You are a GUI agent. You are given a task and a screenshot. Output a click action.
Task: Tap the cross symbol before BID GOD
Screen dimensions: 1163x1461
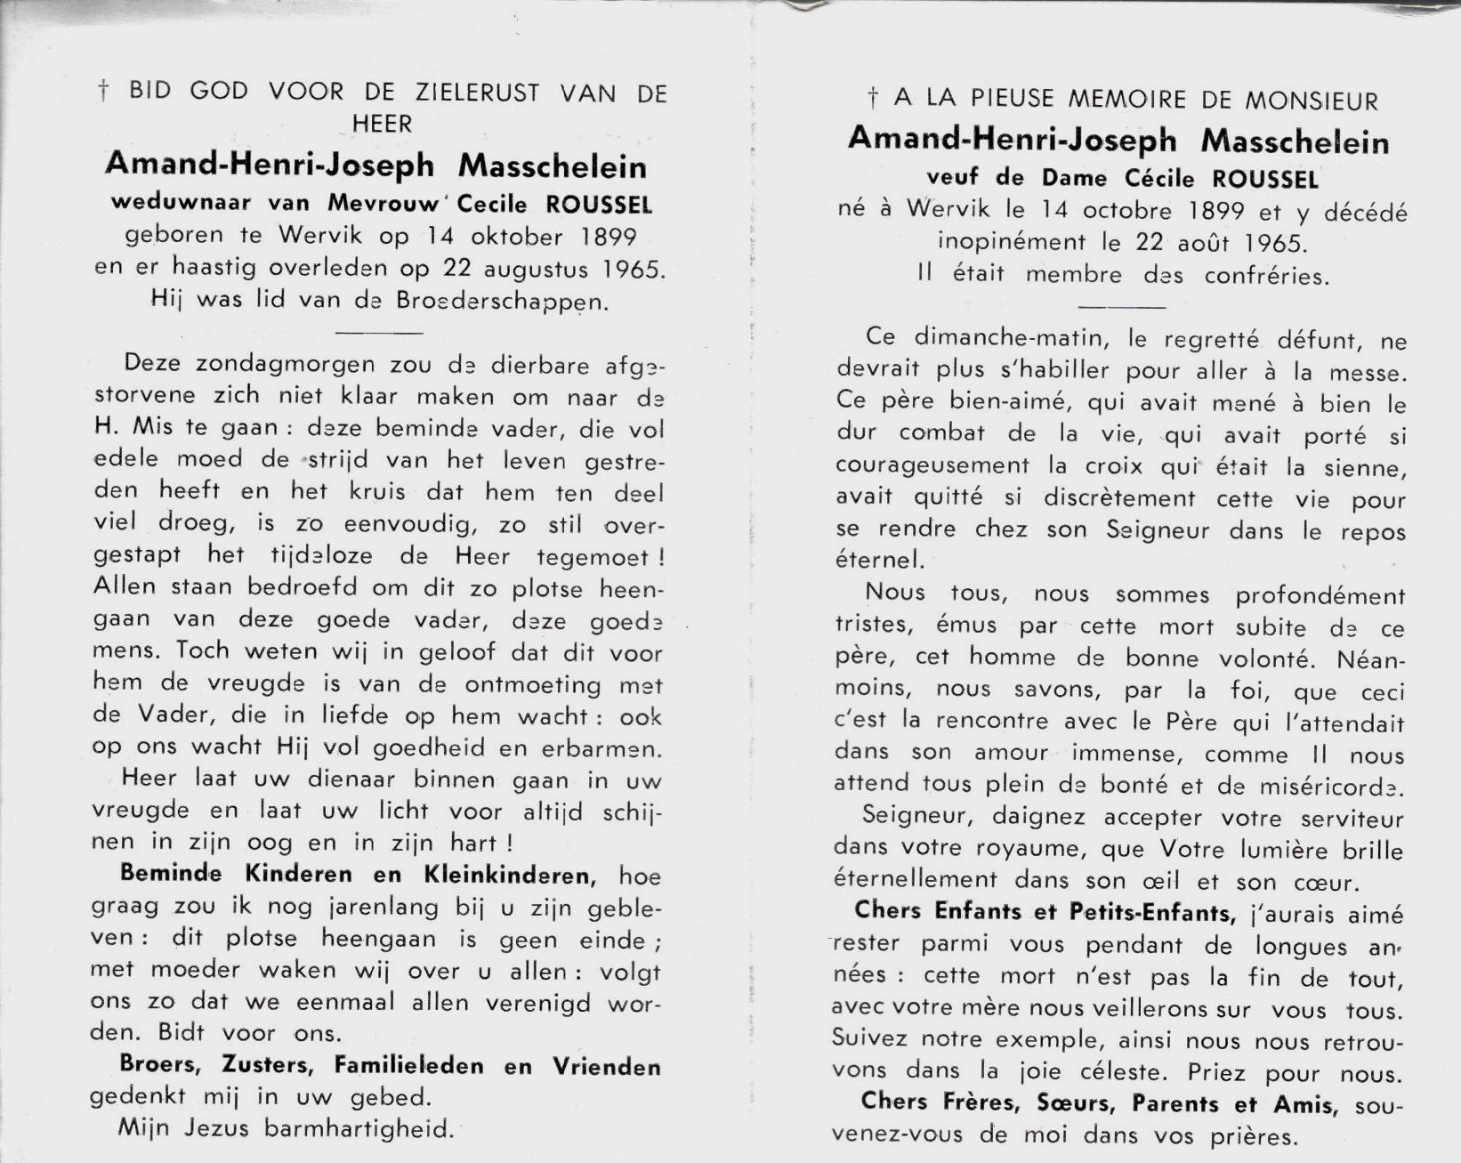pos(103,92)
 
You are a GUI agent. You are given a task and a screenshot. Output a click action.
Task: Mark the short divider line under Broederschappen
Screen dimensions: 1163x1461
pos(381,333)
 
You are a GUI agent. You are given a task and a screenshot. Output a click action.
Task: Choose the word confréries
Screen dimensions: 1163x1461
pos(1267,275)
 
